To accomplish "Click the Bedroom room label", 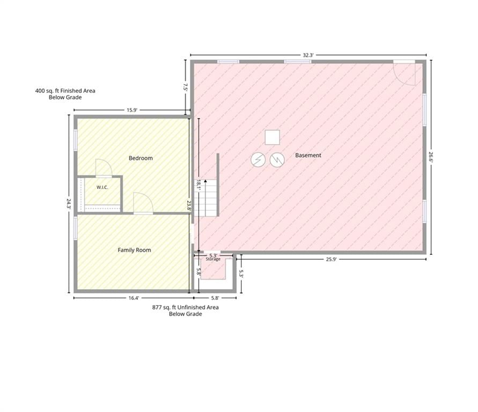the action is click(141, 158).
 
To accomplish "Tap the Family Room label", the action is click(135, 250).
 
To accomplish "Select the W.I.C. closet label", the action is click(102, 187).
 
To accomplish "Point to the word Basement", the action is click(308, 156).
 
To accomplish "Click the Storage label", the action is click(213, 259).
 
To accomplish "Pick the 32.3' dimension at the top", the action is click(308, 55).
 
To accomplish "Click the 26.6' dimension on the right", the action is click(431, 158).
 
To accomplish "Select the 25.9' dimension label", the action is click(332, 259).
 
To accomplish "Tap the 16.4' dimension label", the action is click(134, 298).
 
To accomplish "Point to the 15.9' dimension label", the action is click(132, 110).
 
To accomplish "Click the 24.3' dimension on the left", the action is click(69, 203).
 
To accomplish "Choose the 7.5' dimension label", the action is click(185, 87).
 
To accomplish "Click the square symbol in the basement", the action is click(272, 137).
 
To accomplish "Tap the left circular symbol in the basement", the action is click(258, 159).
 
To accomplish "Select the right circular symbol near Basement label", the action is click(277, 160).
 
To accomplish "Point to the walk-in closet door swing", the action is click(104, 167).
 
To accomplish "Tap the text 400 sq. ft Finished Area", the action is click(65, 91).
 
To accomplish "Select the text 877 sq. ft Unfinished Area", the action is click(185, 307).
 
